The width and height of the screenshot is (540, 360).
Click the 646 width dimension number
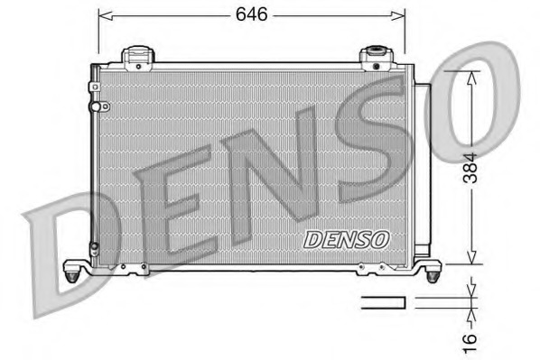pyautogui.click(x=252, y=14)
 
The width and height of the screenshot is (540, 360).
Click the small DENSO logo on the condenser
pyautogui.click(x=346, y=240)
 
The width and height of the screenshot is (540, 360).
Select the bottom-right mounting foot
pyautogui.click(x=432, y=270)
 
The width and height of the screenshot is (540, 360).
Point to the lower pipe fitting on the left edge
pyautogui.click(x=95, y=245)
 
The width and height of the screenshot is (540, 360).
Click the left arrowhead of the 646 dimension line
pyautogui.click(x=102, y=15)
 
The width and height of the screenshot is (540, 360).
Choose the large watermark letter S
pyautogui.click(x=379, y=144)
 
